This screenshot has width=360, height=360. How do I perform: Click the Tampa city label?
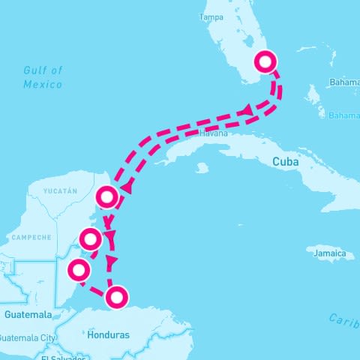(213, 17)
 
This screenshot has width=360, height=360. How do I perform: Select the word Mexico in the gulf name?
(43, 84)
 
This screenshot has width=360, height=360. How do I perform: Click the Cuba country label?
(286, 162)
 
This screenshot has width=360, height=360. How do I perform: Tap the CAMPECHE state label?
(31, 237)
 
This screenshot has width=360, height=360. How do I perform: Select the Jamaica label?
(331, 254)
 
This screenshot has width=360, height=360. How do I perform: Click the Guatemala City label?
(28, 337)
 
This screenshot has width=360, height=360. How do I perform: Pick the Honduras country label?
(109, 334)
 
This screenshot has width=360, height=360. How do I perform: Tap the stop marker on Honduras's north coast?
(116, 298)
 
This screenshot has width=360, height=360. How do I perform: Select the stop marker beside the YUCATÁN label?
(107, 197)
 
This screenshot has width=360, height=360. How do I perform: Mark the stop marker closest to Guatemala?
(77, 269)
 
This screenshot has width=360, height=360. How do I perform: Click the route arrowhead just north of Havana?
(245, 111)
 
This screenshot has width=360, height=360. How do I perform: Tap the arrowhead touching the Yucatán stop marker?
(126, 187)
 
